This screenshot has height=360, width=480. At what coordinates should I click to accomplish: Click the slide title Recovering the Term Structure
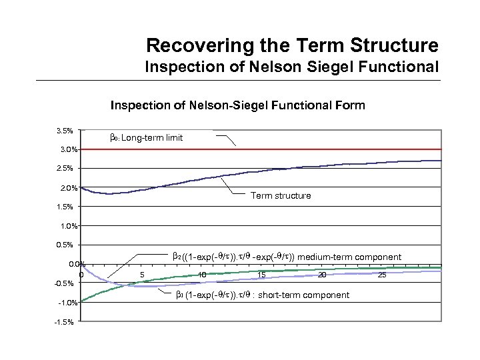292,45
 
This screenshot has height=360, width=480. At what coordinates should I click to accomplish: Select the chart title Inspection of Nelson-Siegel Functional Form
237,105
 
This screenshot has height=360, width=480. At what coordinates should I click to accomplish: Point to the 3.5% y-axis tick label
65,129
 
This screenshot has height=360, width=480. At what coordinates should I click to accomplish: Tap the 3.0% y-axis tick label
65,149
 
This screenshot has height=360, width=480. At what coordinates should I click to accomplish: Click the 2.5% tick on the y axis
65,168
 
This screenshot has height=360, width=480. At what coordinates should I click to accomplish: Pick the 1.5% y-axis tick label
65,207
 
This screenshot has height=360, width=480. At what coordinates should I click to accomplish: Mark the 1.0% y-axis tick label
65,226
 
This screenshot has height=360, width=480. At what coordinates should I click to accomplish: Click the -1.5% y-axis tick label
65,323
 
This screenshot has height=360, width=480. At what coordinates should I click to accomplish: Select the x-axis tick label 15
261,275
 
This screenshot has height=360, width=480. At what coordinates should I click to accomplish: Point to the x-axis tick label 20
321,275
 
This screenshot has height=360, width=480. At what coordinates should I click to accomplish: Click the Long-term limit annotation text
145,138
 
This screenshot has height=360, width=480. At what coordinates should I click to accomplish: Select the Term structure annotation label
280,196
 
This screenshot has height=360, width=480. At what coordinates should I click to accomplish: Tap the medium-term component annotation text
287,257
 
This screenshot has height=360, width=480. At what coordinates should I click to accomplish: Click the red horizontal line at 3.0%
333,149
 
